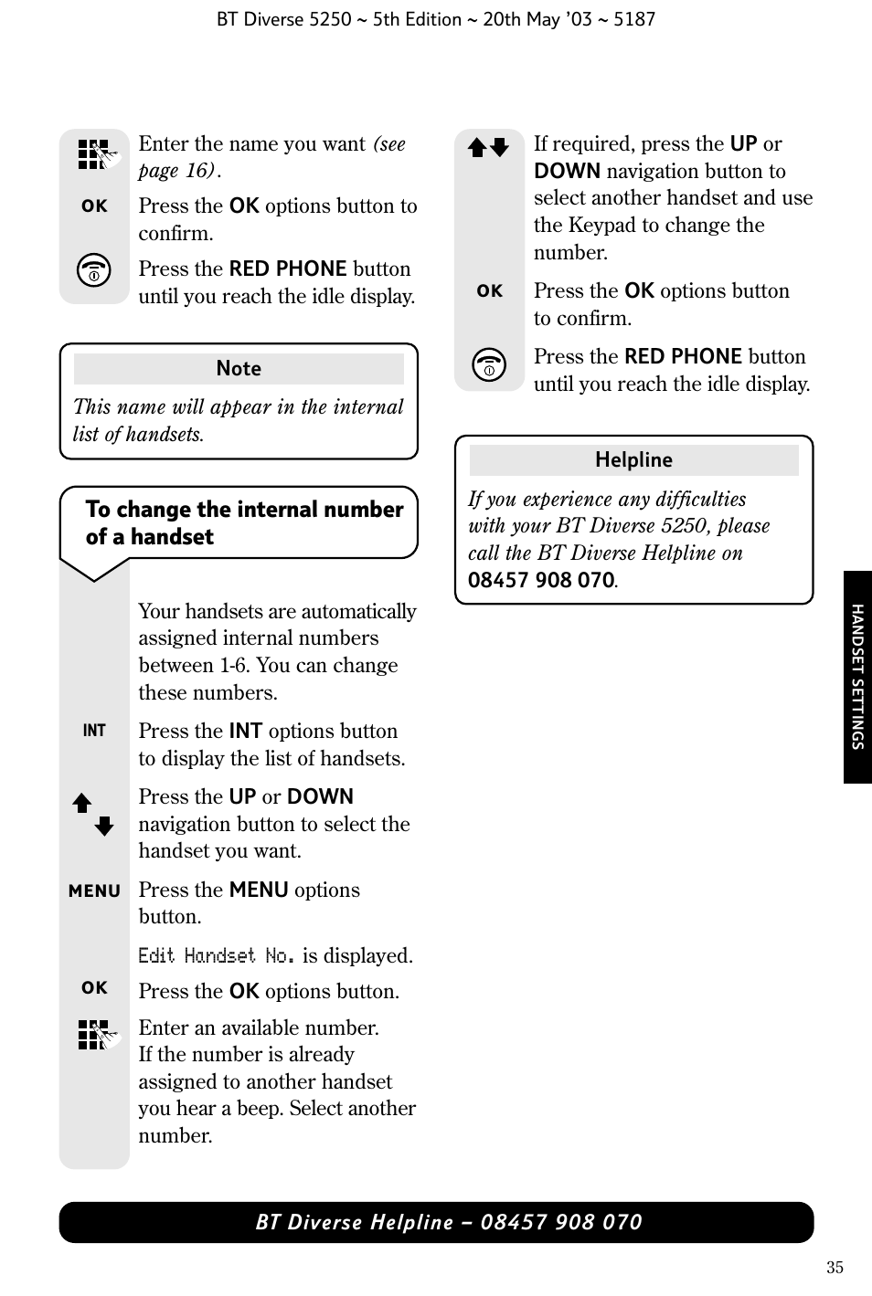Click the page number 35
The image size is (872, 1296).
[834, 1268]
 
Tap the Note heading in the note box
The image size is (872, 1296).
[239, 369]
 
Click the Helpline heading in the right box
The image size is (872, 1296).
[633, 460]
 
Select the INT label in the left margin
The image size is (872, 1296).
[94, 731]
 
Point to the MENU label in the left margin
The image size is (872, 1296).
[94, 891]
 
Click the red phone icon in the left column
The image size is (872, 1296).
[94, 271]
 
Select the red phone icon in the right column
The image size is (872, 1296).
[489, 365]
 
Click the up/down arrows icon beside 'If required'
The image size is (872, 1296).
[488, 148]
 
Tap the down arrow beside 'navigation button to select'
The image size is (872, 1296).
[104, 827]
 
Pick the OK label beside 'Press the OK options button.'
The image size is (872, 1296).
[94, 988]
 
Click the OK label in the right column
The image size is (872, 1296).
[489, 291]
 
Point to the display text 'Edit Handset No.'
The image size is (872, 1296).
[217, 956]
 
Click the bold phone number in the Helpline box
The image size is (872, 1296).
[541, 581]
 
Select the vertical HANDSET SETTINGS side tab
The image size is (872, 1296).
[857, 677]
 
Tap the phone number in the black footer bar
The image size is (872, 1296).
[561, 1223]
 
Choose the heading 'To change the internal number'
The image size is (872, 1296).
[244, 510]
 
